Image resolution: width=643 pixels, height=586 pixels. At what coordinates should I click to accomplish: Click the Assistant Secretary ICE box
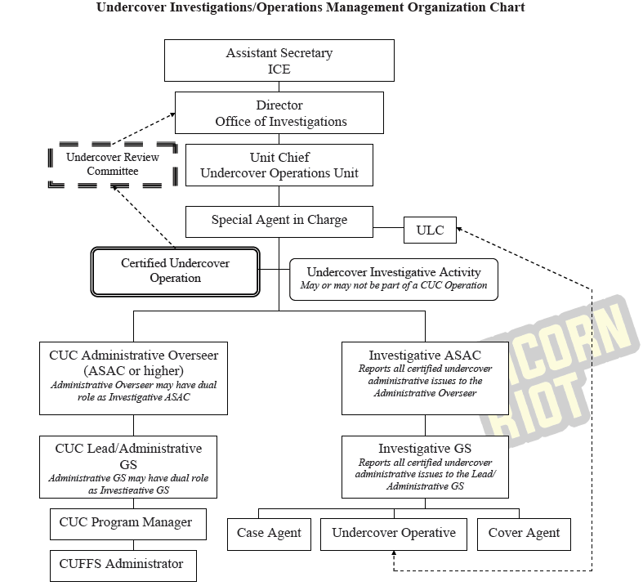click(279, 61)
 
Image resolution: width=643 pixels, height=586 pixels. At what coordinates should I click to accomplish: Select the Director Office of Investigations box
click(279, 113)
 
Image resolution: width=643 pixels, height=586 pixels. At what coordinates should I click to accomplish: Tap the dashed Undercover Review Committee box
click(113, 163)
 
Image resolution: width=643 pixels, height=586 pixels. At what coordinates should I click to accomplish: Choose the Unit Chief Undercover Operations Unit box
click(279, 165)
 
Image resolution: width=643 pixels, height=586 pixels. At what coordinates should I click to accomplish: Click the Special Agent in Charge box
click(279, 220)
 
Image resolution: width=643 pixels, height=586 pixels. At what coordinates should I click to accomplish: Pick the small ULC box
click(430, 230)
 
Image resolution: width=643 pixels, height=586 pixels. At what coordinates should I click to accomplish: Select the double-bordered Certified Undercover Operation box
click(175, 271)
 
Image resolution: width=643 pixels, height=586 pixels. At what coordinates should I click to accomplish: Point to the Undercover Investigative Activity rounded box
click(394, 278)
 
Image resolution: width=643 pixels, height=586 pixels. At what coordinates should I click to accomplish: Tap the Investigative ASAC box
click(425, 377)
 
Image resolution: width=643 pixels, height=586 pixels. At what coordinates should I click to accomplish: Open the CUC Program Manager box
click(126, 522)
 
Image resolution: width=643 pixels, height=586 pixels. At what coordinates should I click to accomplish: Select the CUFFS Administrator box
click(122, 564)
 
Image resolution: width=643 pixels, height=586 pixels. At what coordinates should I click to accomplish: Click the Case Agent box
click(269, 534)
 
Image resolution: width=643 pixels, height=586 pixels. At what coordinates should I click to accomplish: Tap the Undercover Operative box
click(394, 534)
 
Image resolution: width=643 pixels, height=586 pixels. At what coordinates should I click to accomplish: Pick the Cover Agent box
click(524, 534)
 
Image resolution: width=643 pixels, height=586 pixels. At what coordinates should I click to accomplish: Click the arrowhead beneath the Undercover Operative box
click(394, 555)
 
